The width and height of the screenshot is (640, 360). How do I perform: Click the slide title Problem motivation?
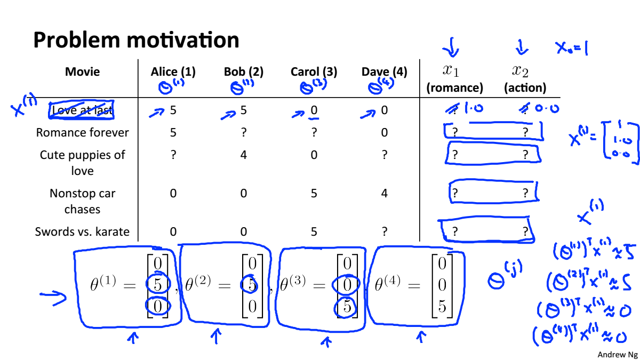click(x=136, y=40)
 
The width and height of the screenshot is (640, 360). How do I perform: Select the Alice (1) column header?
click(x=173, y=72)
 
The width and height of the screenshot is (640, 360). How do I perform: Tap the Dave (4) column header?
click(x=384, y=72)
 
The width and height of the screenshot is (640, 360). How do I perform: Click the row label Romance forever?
click(x=82, y=132)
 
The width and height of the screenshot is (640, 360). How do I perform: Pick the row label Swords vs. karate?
click(x=82, y=231)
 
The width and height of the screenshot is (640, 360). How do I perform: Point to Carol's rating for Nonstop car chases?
click(x=314, y=193)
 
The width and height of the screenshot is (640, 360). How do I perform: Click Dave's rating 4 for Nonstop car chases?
click(x=385, y=193)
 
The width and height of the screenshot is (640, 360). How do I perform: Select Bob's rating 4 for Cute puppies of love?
click(x=244, y=155)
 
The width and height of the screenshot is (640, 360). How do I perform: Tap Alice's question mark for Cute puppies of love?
click(x=173, y=155)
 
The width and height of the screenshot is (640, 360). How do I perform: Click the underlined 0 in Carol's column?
click(x=314, y=110)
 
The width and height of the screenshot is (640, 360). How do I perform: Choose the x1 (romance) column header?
click(x=454, y=78)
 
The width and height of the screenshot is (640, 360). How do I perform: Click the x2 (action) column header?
click(x=525, y=78)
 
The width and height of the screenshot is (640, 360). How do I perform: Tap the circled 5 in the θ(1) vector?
click(x=158, y=285)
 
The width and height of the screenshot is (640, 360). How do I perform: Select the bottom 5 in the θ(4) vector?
click(x=442, y=308)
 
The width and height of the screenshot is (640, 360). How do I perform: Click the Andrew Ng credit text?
click(x=617, y=354)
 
